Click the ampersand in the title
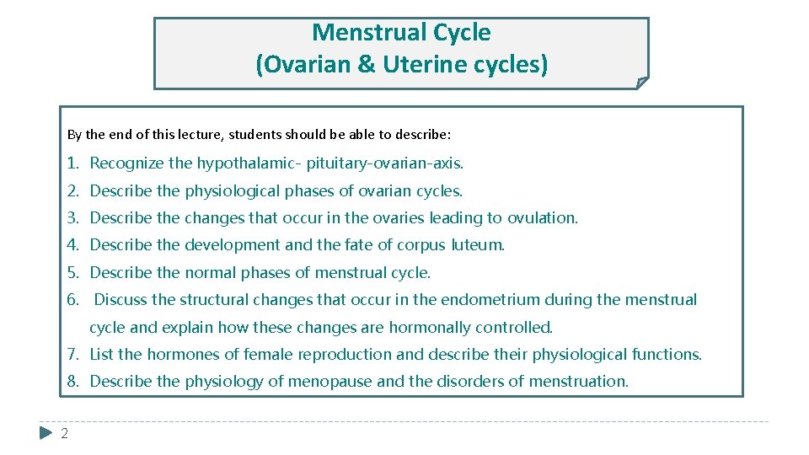(x=367, y=65)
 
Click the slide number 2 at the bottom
(x=64, y=433)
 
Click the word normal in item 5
(x=205, y=273)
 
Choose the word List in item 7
(x=101, y=355)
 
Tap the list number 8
(x=73, y=382)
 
